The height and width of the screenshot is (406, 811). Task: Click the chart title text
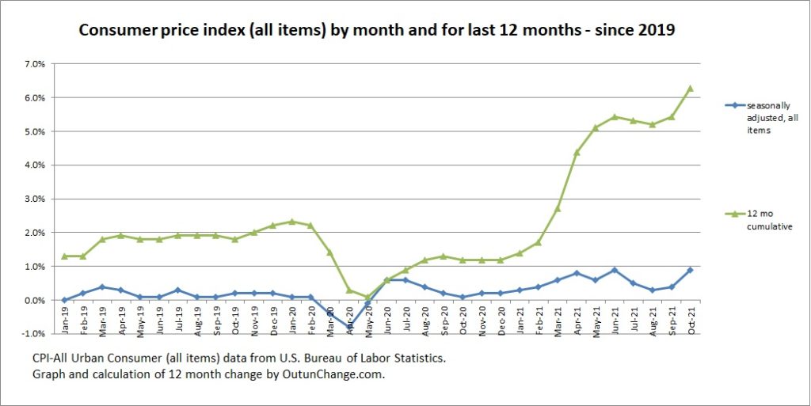[x=377, y=32]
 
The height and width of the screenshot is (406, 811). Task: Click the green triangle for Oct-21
[x=690, y=88]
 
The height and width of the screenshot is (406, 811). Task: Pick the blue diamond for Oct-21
[x=690, y=270]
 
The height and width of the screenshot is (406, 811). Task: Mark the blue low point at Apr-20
[x=349, y=326]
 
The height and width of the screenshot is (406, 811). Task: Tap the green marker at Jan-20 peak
[x=292, y=222]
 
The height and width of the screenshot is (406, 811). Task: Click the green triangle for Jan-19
[x=65, y=256]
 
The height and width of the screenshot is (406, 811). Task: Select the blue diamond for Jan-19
[x=65, y=300]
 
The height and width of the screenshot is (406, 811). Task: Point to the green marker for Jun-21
[x=614, y=116]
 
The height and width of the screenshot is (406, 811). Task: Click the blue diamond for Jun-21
[x=614, y=270]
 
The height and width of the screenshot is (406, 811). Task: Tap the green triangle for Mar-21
[x=558, y=208]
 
